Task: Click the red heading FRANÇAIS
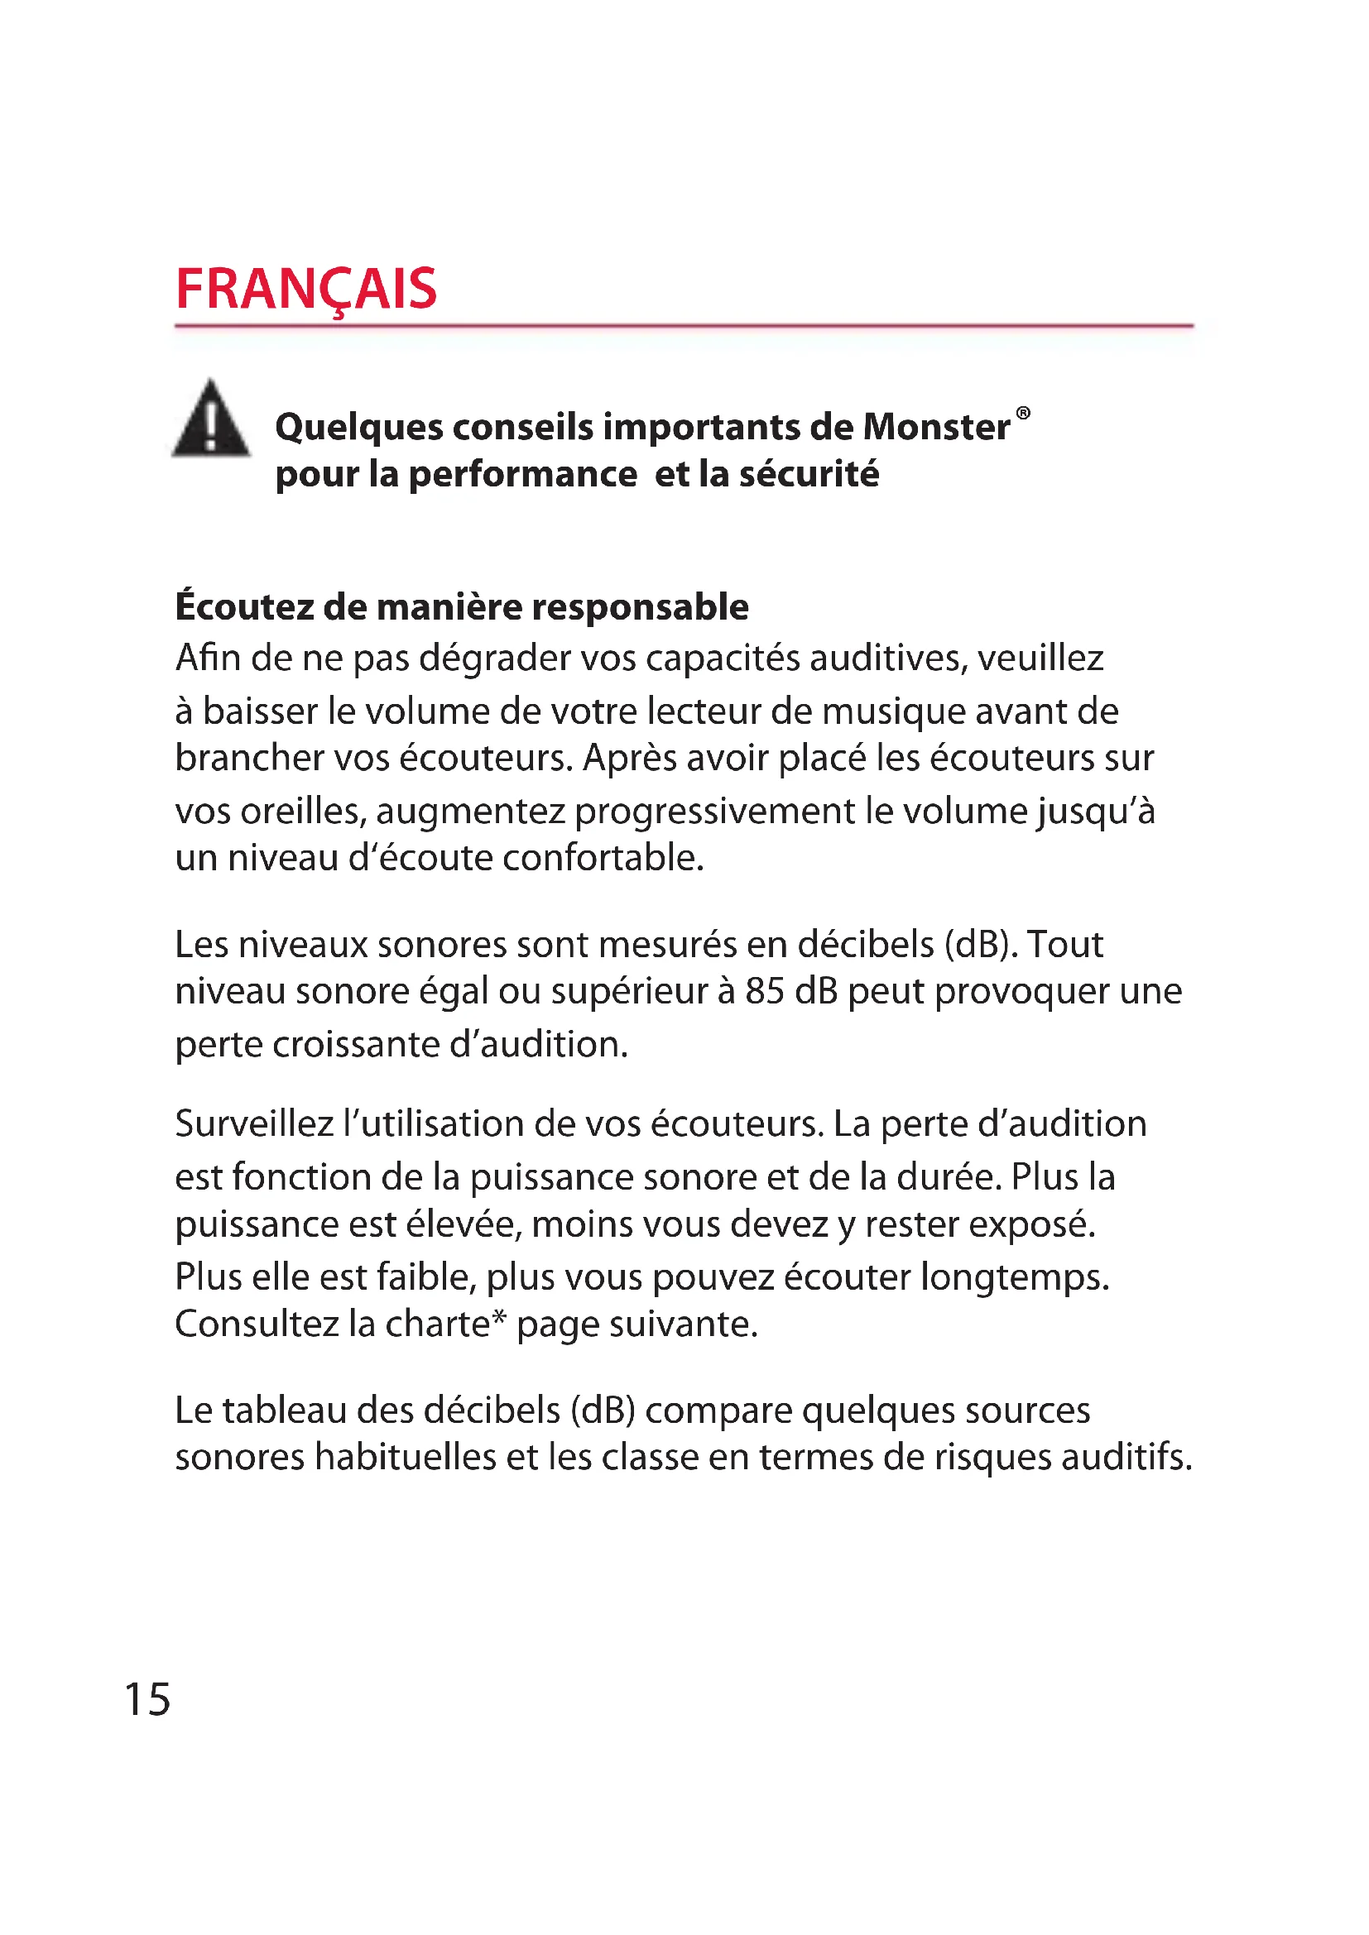pyautogui.click(x=306, y=289)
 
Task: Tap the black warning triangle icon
pyautogui.click(x=211, y=420)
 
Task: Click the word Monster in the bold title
pyautogui.click(x=937, y=427)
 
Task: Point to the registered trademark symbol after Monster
pyautogui.click(x=1022, y=413)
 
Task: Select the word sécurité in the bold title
pyautogui.click(x=809, y=475)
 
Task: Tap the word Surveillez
pyautogui.click(x=254, y=1124)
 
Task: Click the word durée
pyautogui.click(x=949, y=1177)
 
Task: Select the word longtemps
pyautogui.click(x=1014, y=1277)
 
